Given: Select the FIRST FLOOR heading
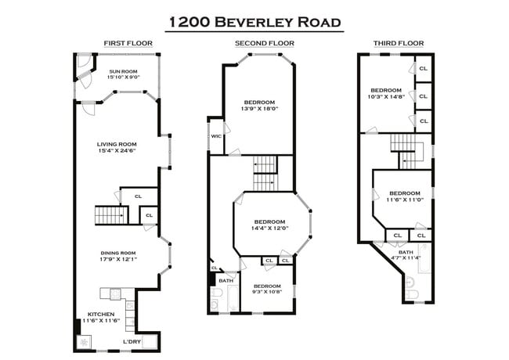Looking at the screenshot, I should coord(128,43).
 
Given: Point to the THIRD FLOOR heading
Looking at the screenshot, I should coord(399,43).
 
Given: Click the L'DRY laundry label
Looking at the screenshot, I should coord(132,341).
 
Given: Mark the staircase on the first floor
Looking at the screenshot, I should coord(110,214).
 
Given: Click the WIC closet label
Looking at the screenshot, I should coord(215,136).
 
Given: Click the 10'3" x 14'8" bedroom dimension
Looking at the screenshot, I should coord(386,97).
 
